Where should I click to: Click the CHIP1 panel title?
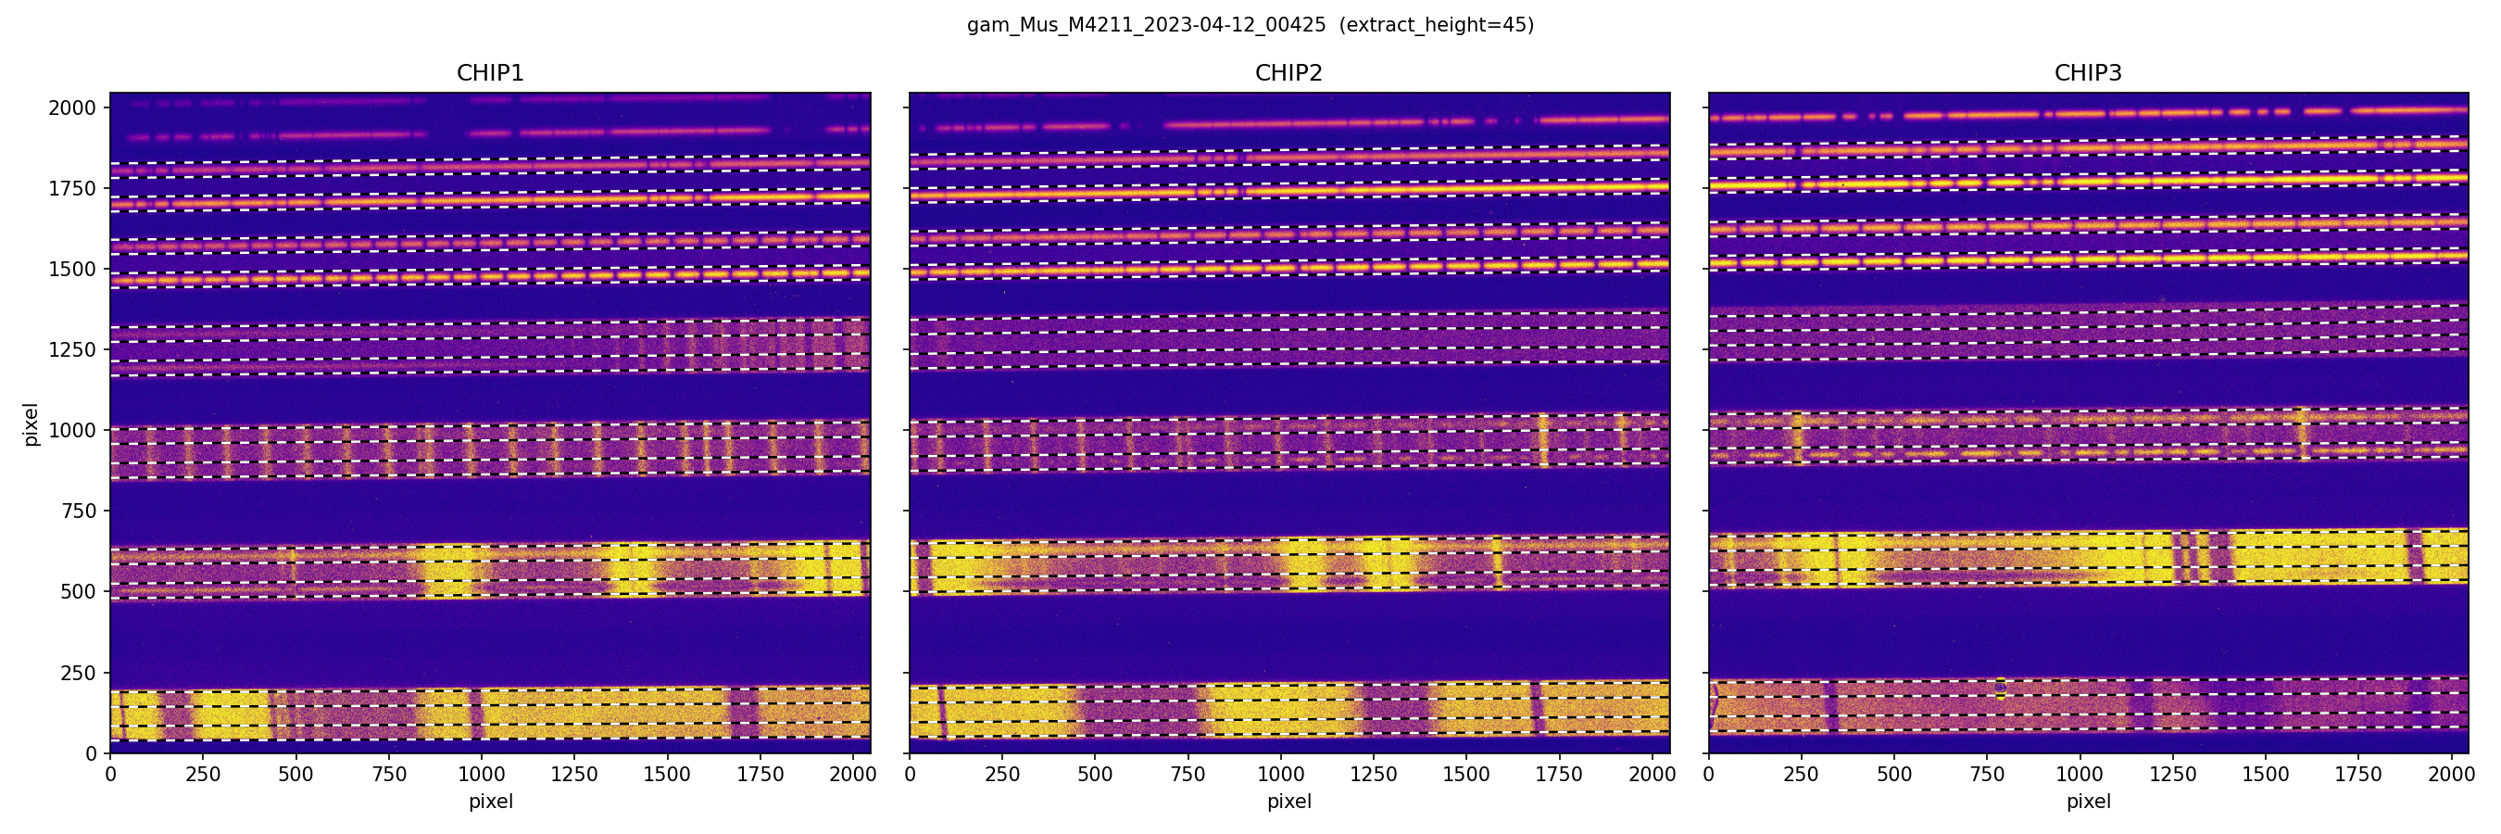click(490, 73)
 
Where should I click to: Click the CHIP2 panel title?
click(1288, 73)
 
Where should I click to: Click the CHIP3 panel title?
click(2087, 73)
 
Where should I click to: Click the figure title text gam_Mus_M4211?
click(1146, 25)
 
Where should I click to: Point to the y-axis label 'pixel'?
click(31, 424)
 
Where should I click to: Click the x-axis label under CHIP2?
click(1288, 802)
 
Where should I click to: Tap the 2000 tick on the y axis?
click(73, 107)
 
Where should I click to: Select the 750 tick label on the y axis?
click(78, 511)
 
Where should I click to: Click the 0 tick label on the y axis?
click(92, 753)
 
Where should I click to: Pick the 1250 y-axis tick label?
click(73, 349)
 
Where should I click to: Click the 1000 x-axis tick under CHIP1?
click(482, 775)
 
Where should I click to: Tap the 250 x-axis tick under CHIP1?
click(203, 775)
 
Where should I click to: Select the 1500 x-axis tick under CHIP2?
click(1466, 775)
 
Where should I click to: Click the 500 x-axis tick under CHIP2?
click(1095, 775)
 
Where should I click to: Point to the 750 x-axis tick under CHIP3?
click(1986, 775)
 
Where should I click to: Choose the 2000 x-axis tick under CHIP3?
click(2450, 775)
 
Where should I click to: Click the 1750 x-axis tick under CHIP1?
click(760, 775)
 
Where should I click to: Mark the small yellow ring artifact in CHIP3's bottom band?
click(2000, 688)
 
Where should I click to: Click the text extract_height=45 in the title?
click(1436, 25)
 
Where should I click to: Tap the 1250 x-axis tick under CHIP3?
click(2172, 775)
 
